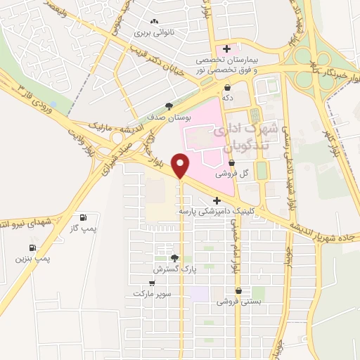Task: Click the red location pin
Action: pos(181,165)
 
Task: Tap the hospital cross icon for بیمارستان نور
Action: pos(226,48)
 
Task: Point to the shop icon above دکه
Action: pos(227,88)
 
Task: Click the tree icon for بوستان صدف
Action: pos(169,107)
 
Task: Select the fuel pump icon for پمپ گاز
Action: pos(84,217)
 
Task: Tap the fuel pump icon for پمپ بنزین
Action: pos(33,247)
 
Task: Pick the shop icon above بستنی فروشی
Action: pos(239,290)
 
